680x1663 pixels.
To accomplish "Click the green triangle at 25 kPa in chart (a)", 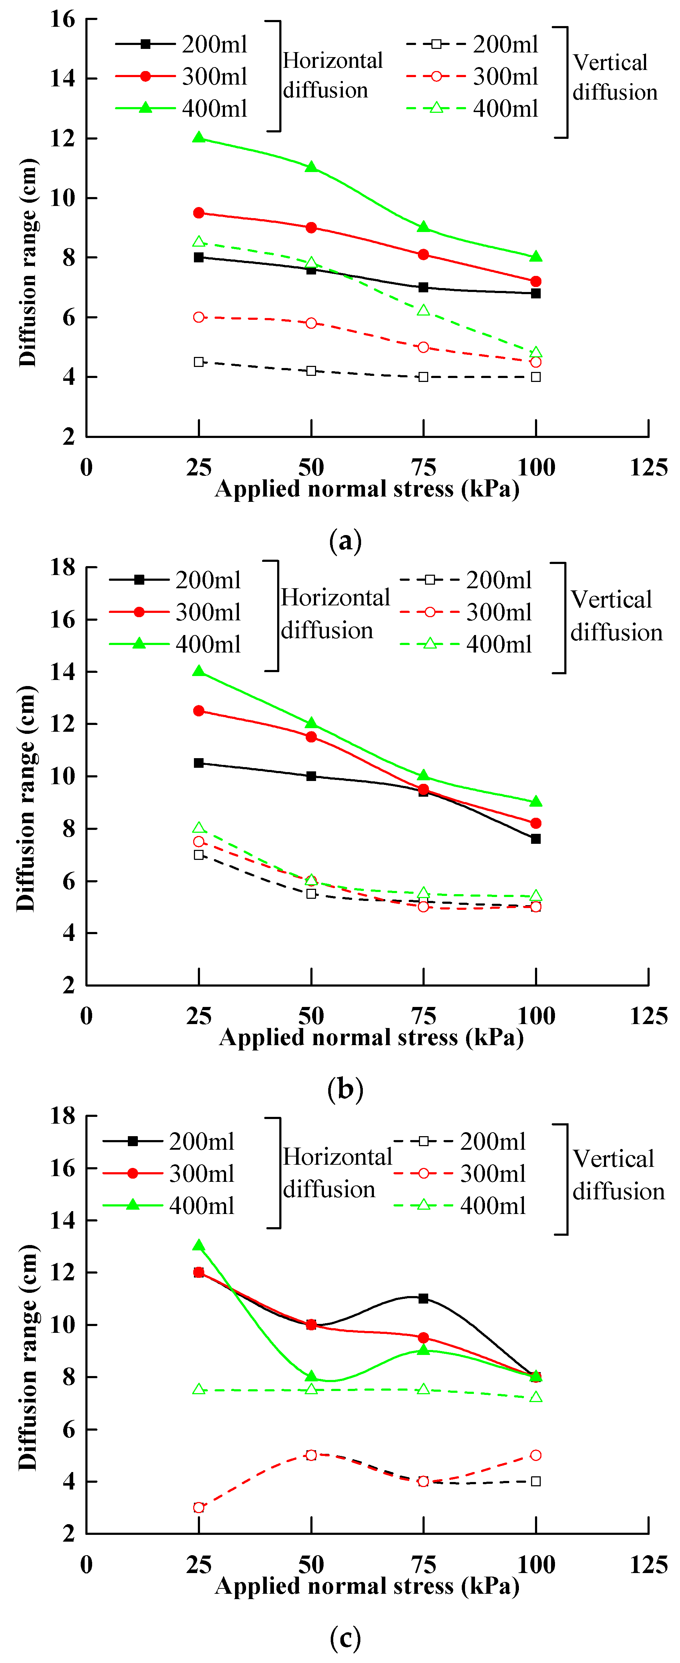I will coord(199,137).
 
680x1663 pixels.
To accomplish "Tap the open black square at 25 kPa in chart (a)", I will coord(199,362).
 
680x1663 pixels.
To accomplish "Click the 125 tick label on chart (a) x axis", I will coord(648,467).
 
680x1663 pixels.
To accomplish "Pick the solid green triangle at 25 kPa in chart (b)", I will coord(199,671).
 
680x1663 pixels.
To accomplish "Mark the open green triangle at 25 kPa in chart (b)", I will coord(199,828).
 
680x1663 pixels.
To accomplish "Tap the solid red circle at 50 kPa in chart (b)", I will coord(311,737).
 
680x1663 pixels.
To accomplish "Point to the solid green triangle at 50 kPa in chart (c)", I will coord(311,1376).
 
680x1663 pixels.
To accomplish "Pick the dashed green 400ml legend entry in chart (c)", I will coord(460,1205).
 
